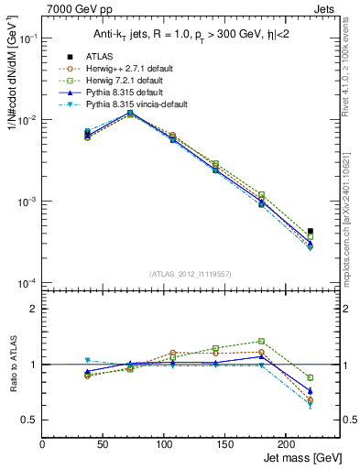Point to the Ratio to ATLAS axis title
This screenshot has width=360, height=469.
click(x=12, y=364)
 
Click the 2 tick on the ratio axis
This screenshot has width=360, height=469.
click(x=34, y=309)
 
